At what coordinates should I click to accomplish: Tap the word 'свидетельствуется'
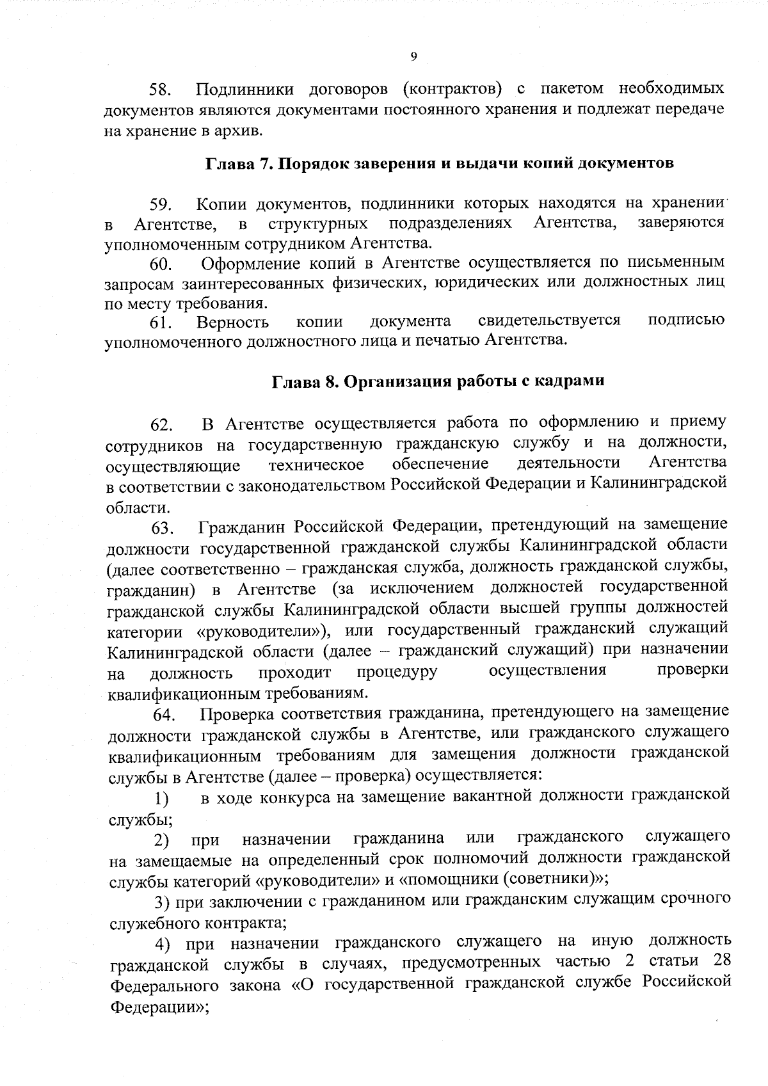[x=548, y=321]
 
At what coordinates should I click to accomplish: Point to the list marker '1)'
[x=161, y=799]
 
